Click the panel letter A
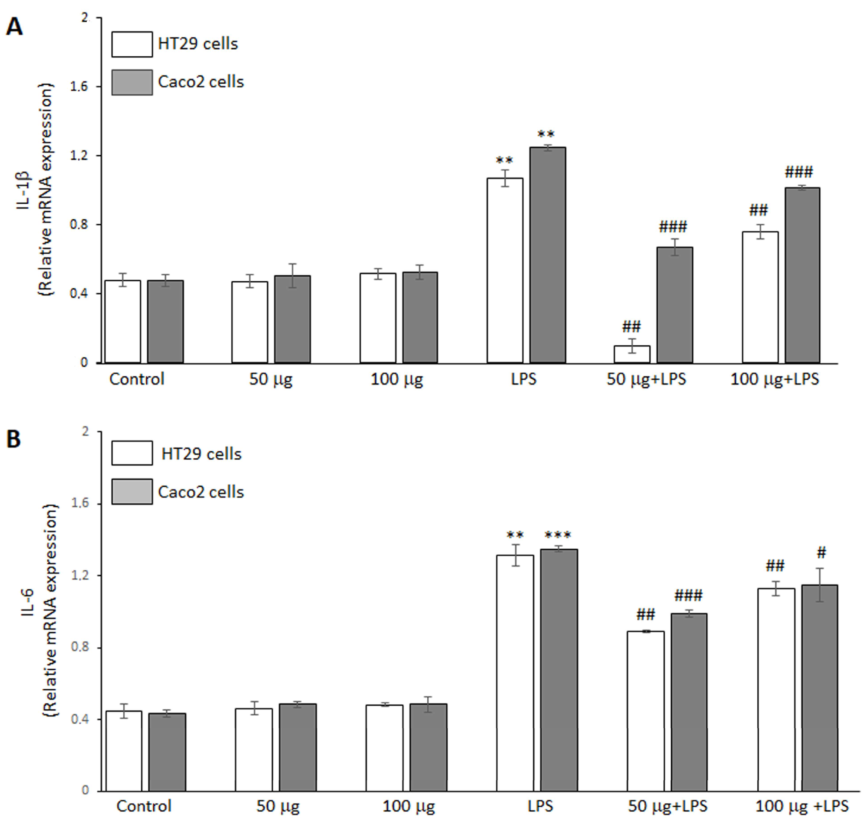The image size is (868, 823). point(14,27)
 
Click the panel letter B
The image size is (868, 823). point(14,439)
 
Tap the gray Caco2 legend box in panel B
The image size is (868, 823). point(132,491)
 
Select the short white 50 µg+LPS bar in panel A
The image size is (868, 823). point(631,354)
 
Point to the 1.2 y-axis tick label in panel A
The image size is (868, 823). point(79,156)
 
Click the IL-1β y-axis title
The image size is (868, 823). point(24,190)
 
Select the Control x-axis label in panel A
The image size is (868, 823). point(136,379)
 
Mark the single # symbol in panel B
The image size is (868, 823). point(821,553)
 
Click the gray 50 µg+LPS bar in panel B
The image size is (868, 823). point(688,702)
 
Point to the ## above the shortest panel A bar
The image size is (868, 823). point(631,326)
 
